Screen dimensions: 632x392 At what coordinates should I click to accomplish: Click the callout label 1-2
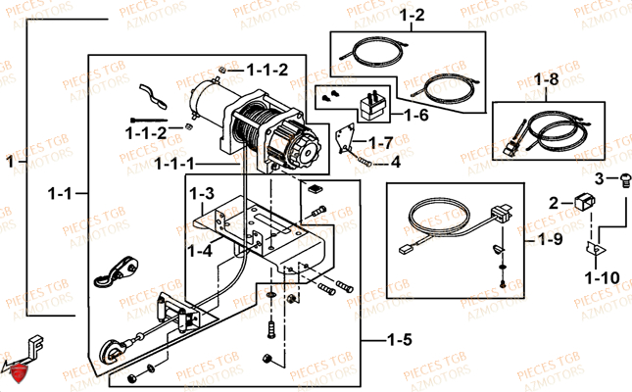click(412, 16)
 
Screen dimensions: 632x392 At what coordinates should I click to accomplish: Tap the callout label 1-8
click(547, 79)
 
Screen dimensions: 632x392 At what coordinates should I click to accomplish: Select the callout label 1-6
click(416, 116)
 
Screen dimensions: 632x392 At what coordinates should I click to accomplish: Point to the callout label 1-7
click(381, 143)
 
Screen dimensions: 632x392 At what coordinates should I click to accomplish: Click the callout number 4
click(396, 162)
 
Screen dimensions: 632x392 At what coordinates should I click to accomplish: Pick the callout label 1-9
click(551, 239)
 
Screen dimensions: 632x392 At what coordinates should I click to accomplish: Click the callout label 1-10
click(603, 278)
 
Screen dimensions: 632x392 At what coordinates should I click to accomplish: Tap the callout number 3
click(600, 178)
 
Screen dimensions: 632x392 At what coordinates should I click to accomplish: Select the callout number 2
click(554, 203)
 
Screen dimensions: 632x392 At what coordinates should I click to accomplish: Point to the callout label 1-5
click(400, 340)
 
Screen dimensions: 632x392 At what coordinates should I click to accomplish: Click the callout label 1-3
click(202, 194)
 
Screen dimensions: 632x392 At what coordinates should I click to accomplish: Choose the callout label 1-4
click(200, 251)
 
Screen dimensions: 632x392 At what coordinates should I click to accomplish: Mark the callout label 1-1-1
click(174, 164)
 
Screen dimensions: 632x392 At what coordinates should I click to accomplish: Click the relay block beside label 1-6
click(373, 107)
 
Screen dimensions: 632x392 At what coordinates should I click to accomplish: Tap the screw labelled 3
click(624, 180)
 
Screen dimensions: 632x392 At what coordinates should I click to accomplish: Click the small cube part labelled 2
click(585, 202)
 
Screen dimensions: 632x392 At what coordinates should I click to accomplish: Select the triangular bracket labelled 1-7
click(346, 138)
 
